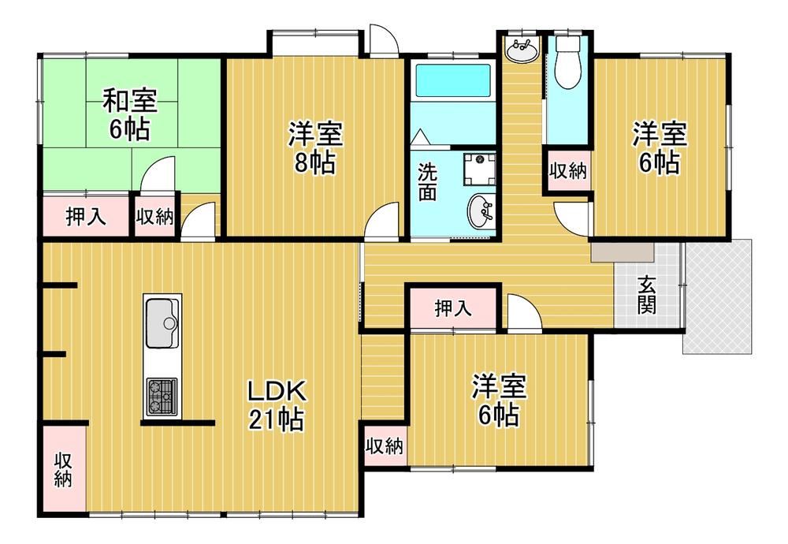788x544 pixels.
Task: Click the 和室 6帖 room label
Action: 130,114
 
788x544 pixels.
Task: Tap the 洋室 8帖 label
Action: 315,147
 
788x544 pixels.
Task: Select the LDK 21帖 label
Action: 276,405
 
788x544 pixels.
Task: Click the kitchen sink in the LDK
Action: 162,322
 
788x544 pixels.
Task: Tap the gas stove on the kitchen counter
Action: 162,397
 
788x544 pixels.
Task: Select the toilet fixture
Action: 568,61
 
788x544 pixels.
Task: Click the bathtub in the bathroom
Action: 453,80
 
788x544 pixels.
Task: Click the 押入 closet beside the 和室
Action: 86,216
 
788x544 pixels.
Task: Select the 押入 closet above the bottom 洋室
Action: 453,308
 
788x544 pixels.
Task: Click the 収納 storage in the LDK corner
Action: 64,468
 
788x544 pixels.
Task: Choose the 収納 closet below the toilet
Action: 568,171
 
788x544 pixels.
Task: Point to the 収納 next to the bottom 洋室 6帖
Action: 385,445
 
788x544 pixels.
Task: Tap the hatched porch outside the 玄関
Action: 718,296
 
